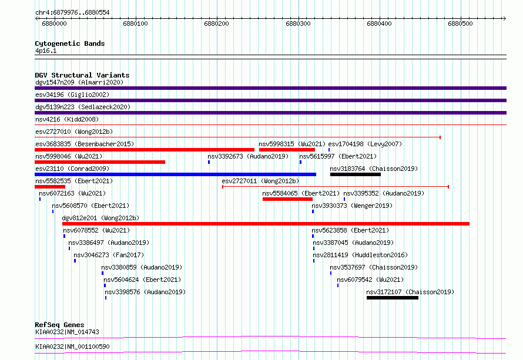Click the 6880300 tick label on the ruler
[x=298, y=23]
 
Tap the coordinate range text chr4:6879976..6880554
[x=72, y=12]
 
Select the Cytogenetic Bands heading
[x=70, y=43]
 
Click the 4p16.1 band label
[x=46, y=51]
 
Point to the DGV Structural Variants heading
[x=82, y=75]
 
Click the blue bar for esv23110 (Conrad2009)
[x=176, y=174]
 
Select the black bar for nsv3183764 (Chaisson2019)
[x=355, y=174]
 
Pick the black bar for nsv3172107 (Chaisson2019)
[x=393, y=298]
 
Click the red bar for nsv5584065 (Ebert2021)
[x=287, y=199]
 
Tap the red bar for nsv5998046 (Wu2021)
[x=100, y=162]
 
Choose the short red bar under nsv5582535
[x=50, y=187]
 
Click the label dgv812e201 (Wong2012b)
[x=100, y=218]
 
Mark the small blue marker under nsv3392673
[x=209, y=162]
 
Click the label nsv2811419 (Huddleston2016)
[x=360, y=255]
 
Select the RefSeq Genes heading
[x=59, y=325]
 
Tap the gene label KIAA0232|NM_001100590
[x=72, y=346]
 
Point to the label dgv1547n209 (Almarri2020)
[x=79, y=82]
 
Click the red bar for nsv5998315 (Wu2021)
[x=287, y=150]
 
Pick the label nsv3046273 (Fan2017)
[x=109, y=255]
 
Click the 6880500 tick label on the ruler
[x=460, y=23]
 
